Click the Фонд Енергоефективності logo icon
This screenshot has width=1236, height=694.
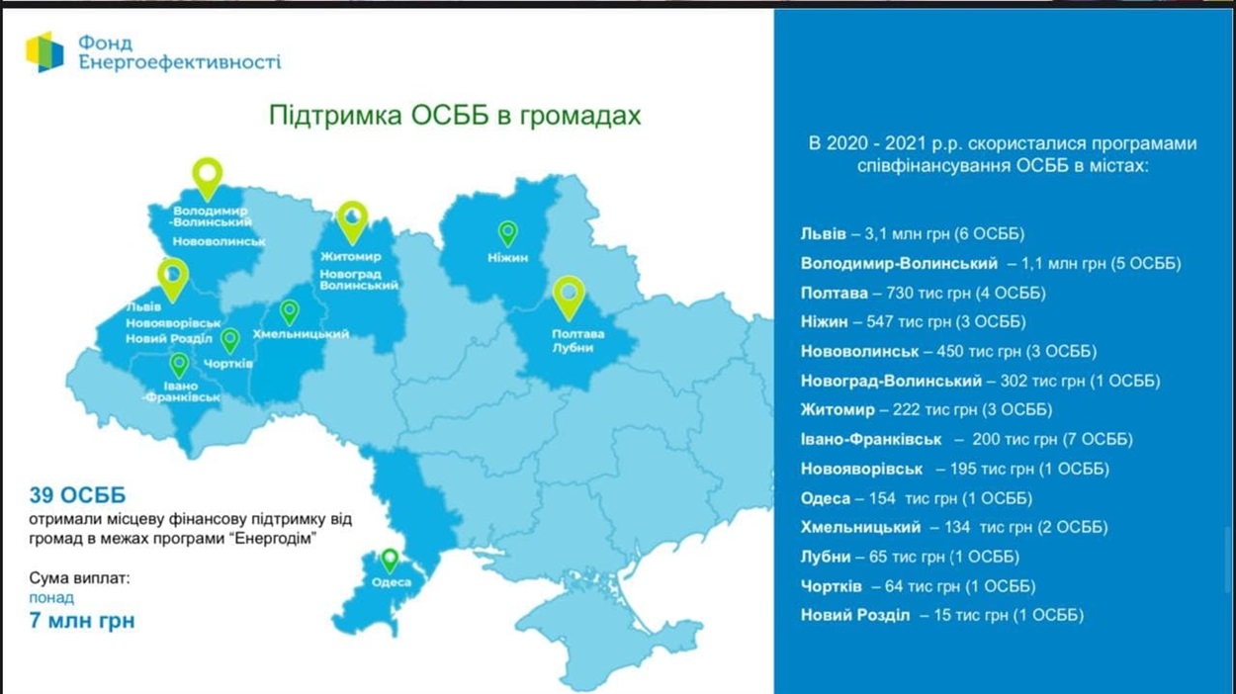(44, 51)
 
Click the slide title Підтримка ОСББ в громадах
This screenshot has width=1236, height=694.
(455, 116)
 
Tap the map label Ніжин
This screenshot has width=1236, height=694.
(507, 258)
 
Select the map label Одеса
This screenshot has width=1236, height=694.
(392, 582)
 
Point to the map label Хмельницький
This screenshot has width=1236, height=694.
(301, 334)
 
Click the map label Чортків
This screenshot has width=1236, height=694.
(227, 364)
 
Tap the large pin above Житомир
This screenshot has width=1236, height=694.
(352, 222)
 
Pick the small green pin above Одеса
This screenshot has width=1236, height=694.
(390, 561)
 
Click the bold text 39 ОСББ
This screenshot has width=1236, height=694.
(78, 495)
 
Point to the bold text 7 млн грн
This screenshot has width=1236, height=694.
(82, 621)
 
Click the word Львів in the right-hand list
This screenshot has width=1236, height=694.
(824, 234)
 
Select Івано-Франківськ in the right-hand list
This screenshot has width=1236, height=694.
(871, 440)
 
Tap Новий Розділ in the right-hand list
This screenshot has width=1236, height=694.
(855, 615)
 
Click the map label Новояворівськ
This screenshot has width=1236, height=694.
(173, 323)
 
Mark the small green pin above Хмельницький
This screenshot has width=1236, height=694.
(289, 312)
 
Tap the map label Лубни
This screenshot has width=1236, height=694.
(573, 348)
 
